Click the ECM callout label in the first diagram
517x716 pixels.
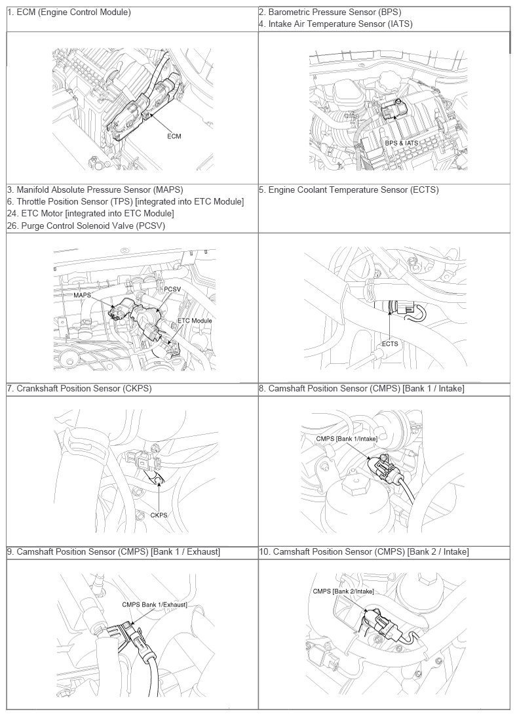click(174, 136)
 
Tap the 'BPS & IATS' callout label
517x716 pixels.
click(401, 142)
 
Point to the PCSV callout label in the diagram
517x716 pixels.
click(172, 288)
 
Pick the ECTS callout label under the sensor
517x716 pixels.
click(390, 344)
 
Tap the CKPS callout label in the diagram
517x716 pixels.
click(159, 515)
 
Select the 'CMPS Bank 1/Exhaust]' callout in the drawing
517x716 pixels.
click(155, 604)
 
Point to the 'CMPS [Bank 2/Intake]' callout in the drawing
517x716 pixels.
click(343, 591)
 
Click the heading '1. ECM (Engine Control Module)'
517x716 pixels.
click(69, 12)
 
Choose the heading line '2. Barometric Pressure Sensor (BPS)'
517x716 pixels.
click(330, 12)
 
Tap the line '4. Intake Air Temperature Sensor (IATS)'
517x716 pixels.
click(335, 24)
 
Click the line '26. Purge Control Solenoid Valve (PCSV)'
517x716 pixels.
click(86, 226)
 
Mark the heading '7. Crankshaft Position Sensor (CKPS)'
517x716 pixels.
click(79, 389)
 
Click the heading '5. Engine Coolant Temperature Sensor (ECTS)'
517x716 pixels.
click(349, 190)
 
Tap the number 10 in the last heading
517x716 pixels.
click(263, 552)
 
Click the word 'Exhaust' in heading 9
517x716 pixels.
click(201, 552)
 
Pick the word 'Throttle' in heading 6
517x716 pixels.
click(33, 202)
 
